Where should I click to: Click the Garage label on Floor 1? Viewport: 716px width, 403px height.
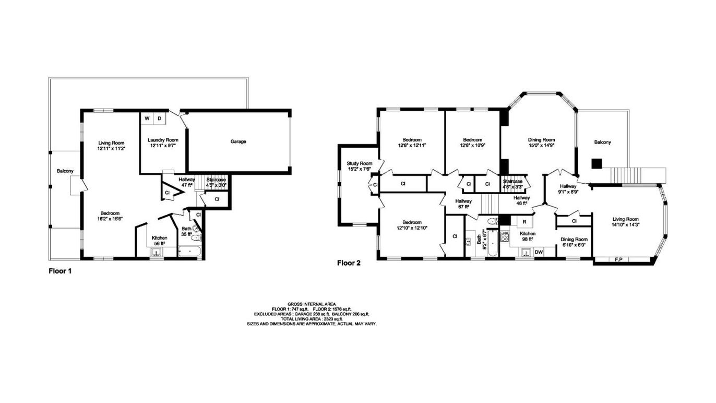point(238,141)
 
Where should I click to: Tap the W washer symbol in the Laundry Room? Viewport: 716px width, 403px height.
point(147,119)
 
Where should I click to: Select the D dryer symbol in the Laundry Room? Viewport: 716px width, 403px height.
point(160,119)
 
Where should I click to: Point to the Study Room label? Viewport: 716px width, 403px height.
point(360,165)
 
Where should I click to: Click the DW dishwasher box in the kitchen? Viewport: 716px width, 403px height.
point(539,252)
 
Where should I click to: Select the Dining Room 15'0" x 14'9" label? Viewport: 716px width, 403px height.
point(541,143)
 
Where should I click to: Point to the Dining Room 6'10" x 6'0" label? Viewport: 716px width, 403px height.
point(574,242)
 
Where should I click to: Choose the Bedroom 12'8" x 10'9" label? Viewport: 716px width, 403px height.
point(472,143)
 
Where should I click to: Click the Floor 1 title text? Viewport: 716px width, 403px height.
point(59,271)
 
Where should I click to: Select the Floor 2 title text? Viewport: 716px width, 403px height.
point(349,263)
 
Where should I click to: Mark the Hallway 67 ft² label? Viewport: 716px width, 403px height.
point(463,204)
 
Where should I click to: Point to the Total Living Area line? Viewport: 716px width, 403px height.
point(312,319)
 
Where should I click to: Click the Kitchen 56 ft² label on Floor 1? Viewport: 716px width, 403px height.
point(159,240)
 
